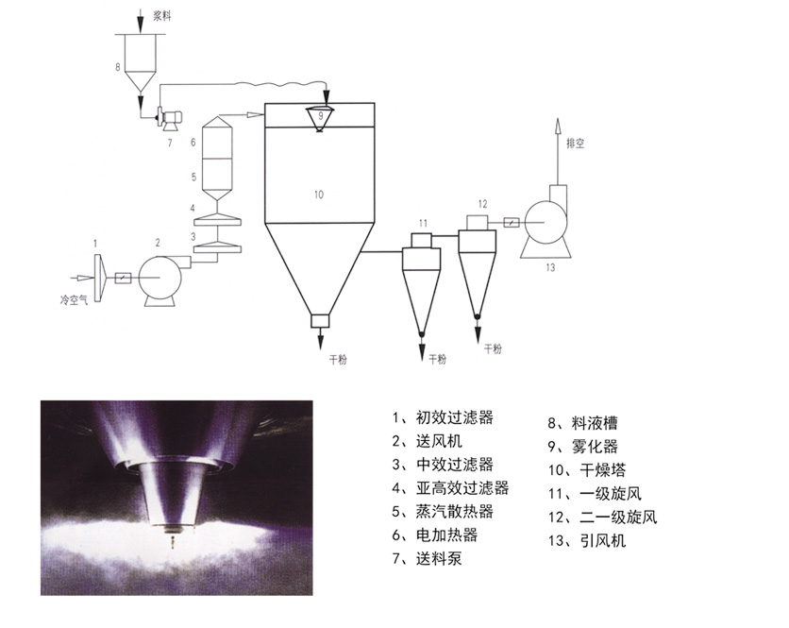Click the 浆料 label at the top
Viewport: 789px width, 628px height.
pos(161,16)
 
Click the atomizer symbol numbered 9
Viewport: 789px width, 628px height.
pos(320,118)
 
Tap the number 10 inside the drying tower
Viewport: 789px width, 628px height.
pos(318,194)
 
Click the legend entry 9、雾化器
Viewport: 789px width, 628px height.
pos(585,446)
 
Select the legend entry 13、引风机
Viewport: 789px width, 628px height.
pos(585,541)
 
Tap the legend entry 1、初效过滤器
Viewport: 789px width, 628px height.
pos(443,416)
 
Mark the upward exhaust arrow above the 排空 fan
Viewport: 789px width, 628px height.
pos(558,132)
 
